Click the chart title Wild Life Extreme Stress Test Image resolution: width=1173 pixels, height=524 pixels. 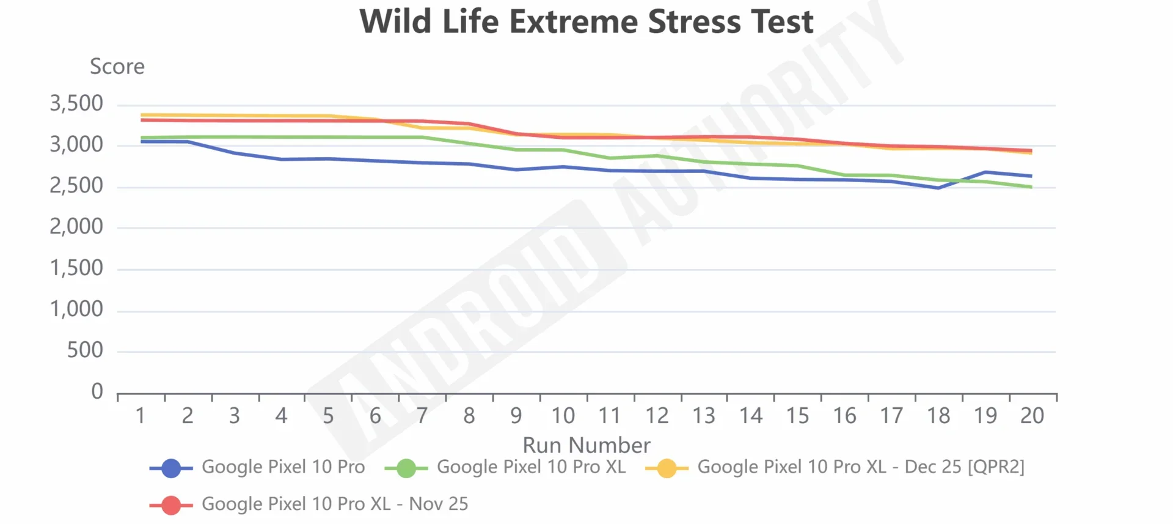[x=586, y=22]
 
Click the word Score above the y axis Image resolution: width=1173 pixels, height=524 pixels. [x=117, y=66]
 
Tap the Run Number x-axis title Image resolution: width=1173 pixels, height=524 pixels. [x=586, y=445]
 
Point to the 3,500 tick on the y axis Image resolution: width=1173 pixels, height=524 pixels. [x=76, y=103]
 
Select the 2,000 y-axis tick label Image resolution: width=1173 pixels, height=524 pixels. [x=76, y=227]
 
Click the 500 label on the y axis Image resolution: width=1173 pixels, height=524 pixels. [x=85, y=350]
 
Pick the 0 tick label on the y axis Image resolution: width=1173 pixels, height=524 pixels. [x=97, y=391]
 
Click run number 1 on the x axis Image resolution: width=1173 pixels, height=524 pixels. [x=141, y=416]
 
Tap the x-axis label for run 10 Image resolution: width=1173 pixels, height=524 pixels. [x=563, y=416]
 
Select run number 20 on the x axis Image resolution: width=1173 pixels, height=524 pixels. [x=1032, y=416]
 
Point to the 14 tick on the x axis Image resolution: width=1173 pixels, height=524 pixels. [x=751, y=416]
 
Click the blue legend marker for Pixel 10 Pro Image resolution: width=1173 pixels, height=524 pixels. [x=171, y=468]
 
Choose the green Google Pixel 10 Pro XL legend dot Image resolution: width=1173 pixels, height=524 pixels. [x=406, y=468]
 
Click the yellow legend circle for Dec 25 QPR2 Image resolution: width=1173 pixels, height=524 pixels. [x=667, y=468]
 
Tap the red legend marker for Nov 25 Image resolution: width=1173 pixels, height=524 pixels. [x=171, y=505]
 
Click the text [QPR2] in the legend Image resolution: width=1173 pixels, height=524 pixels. [x=995, y=467]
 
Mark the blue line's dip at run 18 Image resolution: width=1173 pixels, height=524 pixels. [x=938, y=188]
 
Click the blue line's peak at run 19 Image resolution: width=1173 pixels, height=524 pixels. [x=985, y=172]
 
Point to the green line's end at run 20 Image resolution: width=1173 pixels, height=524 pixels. [x=1031, y=187]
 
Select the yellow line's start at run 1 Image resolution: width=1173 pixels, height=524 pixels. [x=142, y=115]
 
